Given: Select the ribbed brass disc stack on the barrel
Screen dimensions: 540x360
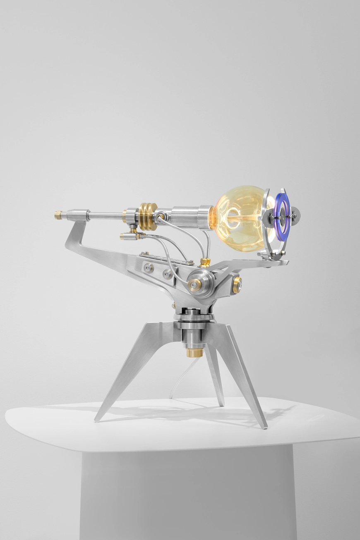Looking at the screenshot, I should click(x=148, y=216).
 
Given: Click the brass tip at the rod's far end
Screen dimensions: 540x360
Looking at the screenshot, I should click(x=58, y=215).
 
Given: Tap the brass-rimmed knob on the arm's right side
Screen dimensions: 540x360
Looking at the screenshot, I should click(x=237, y=285).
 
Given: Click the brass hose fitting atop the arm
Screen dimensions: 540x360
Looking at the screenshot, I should click(x=204, y=262).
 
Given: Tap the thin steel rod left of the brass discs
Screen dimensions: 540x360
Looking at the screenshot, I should click(x=106, y=215).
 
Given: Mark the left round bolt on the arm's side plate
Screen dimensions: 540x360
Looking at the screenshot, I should click(x=148, y=268).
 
